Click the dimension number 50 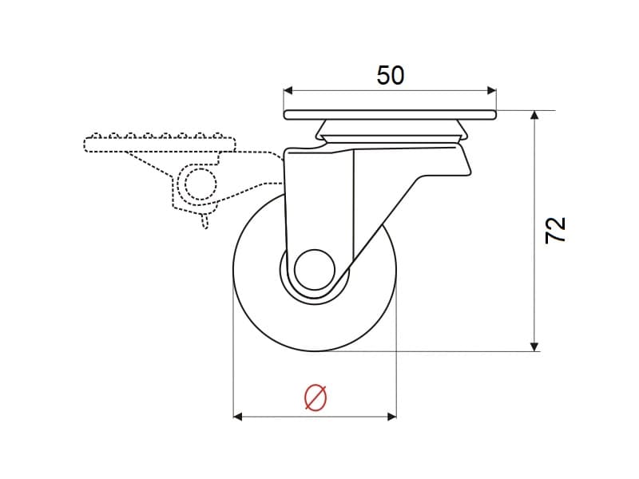[x=390, y=75]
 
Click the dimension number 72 [x=555, y=230]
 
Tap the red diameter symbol [x=316, y=398]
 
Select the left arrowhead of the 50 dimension [x=288, y=90]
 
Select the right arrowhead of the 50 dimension [x=492, y=90]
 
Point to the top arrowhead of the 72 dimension [x=534, y=115]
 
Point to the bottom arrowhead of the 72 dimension [x=534, y=346]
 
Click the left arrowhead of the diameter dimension [x=237, y=416]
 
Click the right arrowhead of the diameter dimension [x=391, y=416]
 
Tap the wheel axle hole [x=314, y=270]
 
